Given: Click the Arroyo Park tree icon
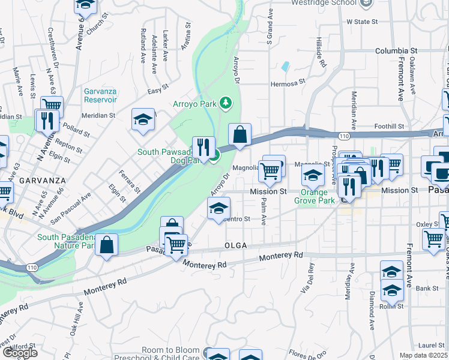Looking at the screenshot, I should click(x=226, y=103).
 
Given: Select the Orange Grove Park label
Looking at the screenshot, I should click(x=315, y=197).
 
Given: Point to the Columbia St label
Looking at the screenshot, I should click(x=396, y=52).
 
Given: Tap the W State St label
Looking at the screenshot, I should click(x=363, y=22).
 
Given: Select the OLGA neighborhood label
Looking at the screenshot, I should click(x=237, y=246).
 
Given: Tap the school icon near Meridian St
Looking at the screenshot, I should click(x=143, y=119).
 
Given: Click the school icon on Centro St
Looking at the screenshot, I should click(x=218, y=208).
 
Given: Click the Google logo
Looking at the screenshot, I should click(x=20, y=353).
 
